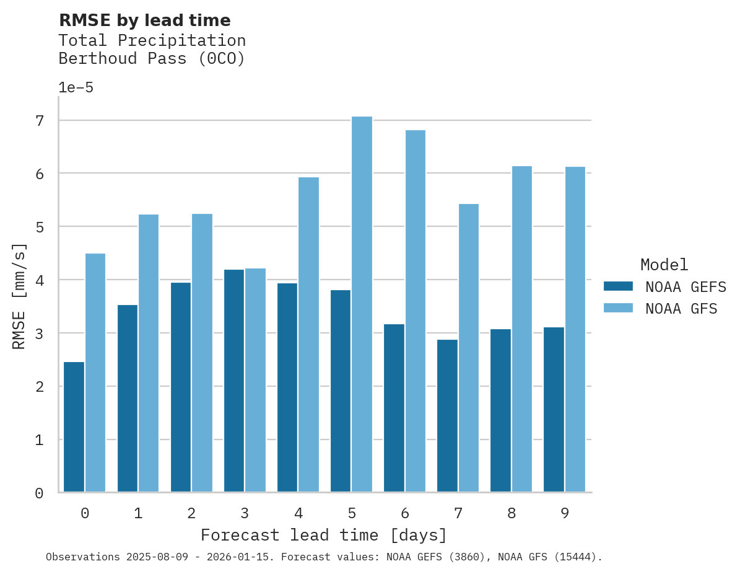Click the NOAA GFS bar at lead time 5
[362, 304]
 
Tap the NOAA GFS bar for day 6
[416, 311]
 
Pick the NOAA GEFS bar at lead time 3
[234, 381]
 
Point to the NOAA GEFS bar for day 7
[447, 415]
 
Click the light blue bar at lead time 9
[575, 329]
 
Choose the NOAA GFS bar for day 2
[202, 353]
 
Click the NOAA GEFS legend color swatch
[618, 286]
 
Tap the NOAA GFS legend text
[681, 308]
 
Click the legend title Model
[664, 265]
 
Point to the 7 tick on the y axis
[40, 120]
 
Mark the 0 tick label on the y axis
[40, 493]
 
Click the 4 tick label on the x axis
[298, 513]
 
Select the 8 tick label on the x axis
[511, 513]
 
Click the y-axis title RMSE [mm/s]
[20, 296]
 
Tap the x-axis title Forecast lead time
[323, 535]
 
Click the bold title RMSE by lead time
[144, 20]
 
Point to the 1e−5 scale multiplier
[76, 87]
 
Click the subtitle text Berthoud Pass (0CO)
[152, 59]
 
